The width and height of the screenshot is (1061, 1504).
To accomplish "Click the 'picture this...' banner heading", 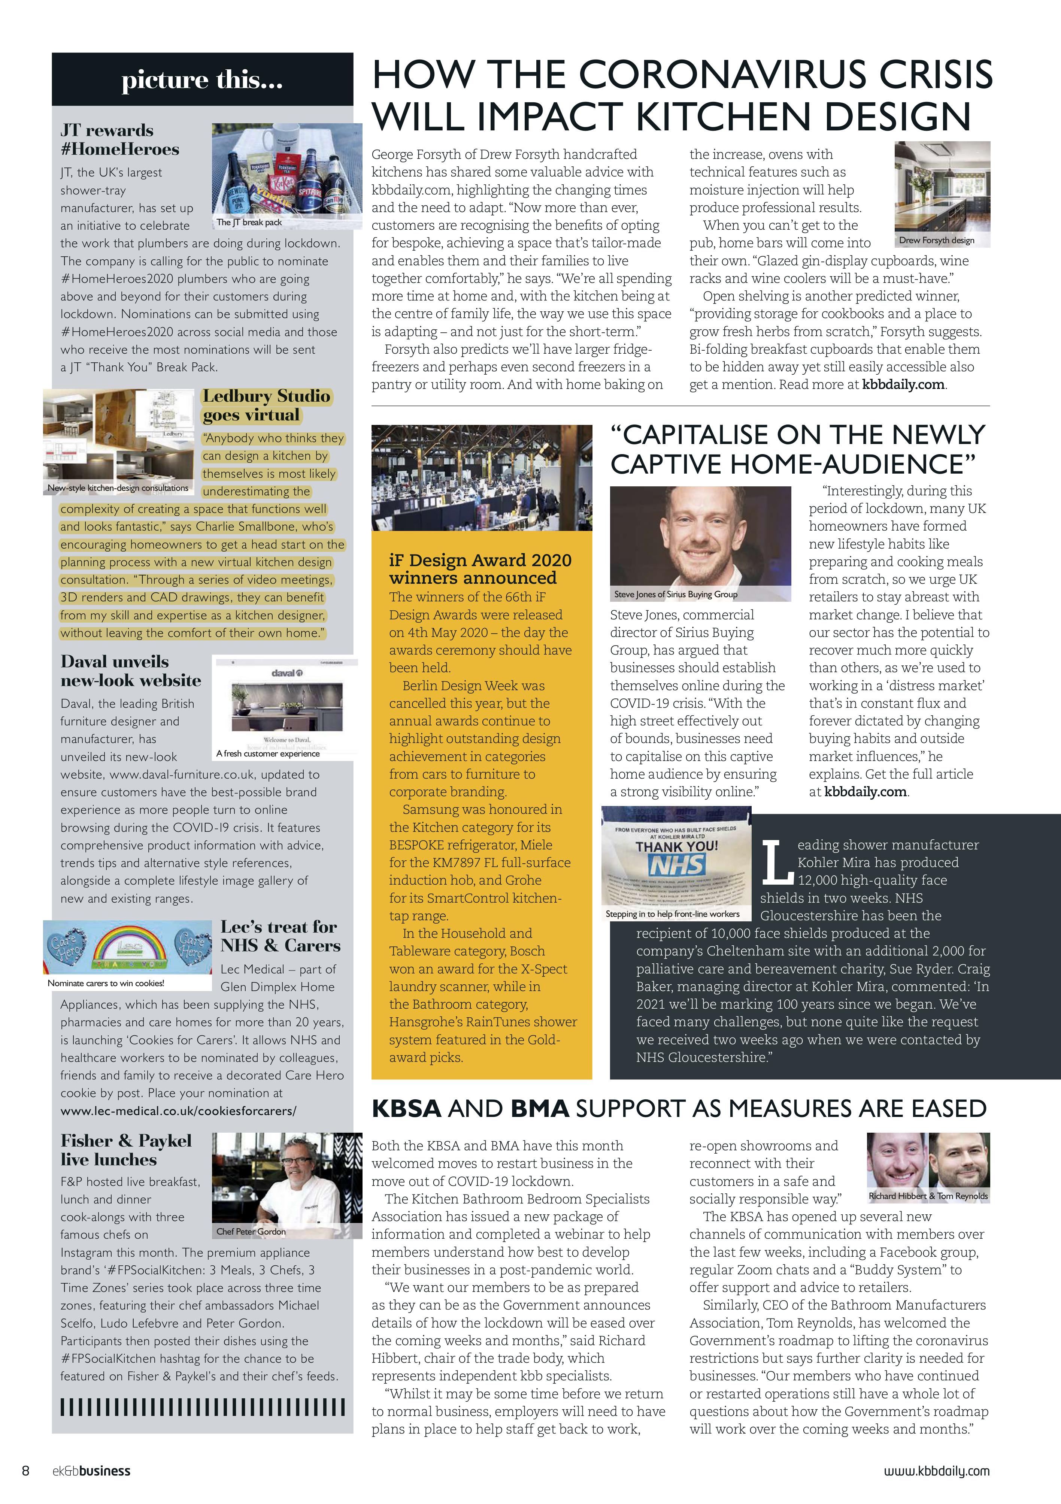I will tap(202, 80).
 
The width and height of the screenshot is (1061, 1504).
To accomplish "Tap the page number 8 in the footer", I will tap(25, 1471).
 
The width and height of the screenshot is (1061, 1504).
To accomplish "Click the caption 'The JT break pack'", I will tap(249, 222).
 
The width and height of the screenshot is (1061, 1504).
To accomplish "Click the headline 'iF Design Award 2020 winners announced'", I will tap(480, 568).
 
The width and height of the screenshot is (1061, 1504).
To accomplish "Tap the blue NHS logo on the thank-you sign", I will tap(676, 865).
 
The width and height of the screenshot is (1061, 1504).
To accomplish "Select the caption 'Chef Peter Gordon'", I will tap(251, 1232).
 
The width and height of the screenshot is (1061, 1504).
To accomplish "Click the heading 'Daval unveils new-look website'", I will tap(130, 671).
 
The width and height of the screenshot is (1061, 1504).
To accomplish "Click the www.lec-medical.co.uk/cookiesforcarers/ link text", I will tap(178, 1111).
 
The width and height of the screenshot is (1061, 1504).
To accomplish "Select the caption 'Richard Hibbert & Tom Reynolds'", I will tap(928, 1196).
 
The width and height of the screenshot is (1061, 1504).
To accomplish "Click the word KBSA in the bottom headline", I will tap(406, 1108).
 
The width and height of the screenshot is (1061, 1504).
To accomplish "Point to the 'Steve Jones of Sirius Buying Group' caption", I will tap(675, 594).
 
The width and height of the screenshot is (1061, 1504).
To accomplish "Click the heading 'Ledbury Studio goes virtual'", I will tap(266, 405).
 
